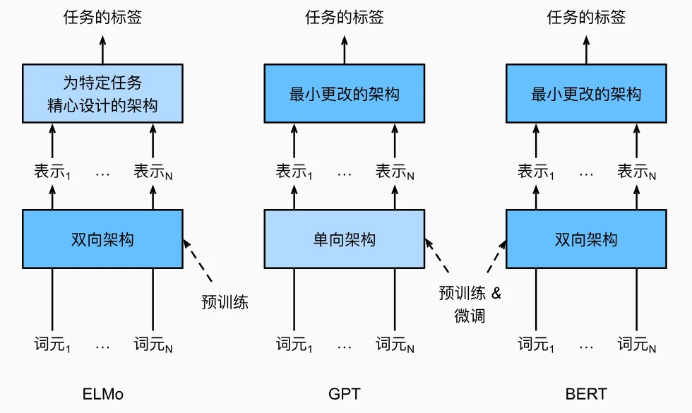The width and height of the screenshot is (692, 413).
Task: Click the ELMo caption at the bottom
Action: coord(102,393)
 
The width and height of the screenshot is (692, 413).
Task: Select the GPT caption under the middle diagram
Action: coord(344,393)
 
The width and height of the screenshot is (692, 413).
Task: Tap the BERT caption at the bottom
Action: coord(585,393)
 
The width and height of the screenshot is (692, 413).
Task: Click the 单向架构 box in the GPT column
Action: coord(344,239)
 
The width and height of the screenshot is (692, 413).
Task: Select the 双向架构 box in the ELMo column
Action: coord(102,239)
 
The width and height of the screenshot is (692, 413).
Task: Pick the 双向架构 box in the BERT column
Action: coord(585,239)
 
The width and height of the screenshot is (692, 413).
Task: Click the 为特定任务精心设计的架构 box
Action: coord(102,93)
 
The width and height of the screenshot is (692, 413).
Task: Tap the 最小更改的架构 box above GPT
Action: coord(344,93)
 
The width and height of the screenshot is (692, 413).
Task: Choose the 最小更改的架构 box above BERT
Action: coord(585,93)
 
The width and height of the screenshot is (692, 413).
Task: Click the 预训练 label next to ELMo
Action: coord(225,303)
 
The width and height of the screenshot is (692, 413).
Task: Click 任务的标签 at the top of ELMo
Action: coord(102,18)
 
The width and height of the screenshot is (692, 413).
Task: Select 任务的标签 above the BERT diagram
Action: coord(585,18)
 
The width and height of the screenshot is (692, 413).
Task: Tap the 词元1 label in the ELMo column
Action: coord(53,345)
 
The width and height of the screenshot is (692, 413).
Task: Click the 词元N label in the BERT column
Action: coord(637,345)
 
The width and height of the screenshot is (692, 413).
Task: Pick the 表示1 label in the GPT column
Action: coord(294,172)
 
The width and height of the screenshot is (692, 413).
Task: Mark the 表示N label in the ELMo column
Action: coord(154,172)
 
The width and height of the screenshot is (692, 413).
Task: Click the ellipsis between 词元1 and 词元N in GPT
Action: coord(344,347)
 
